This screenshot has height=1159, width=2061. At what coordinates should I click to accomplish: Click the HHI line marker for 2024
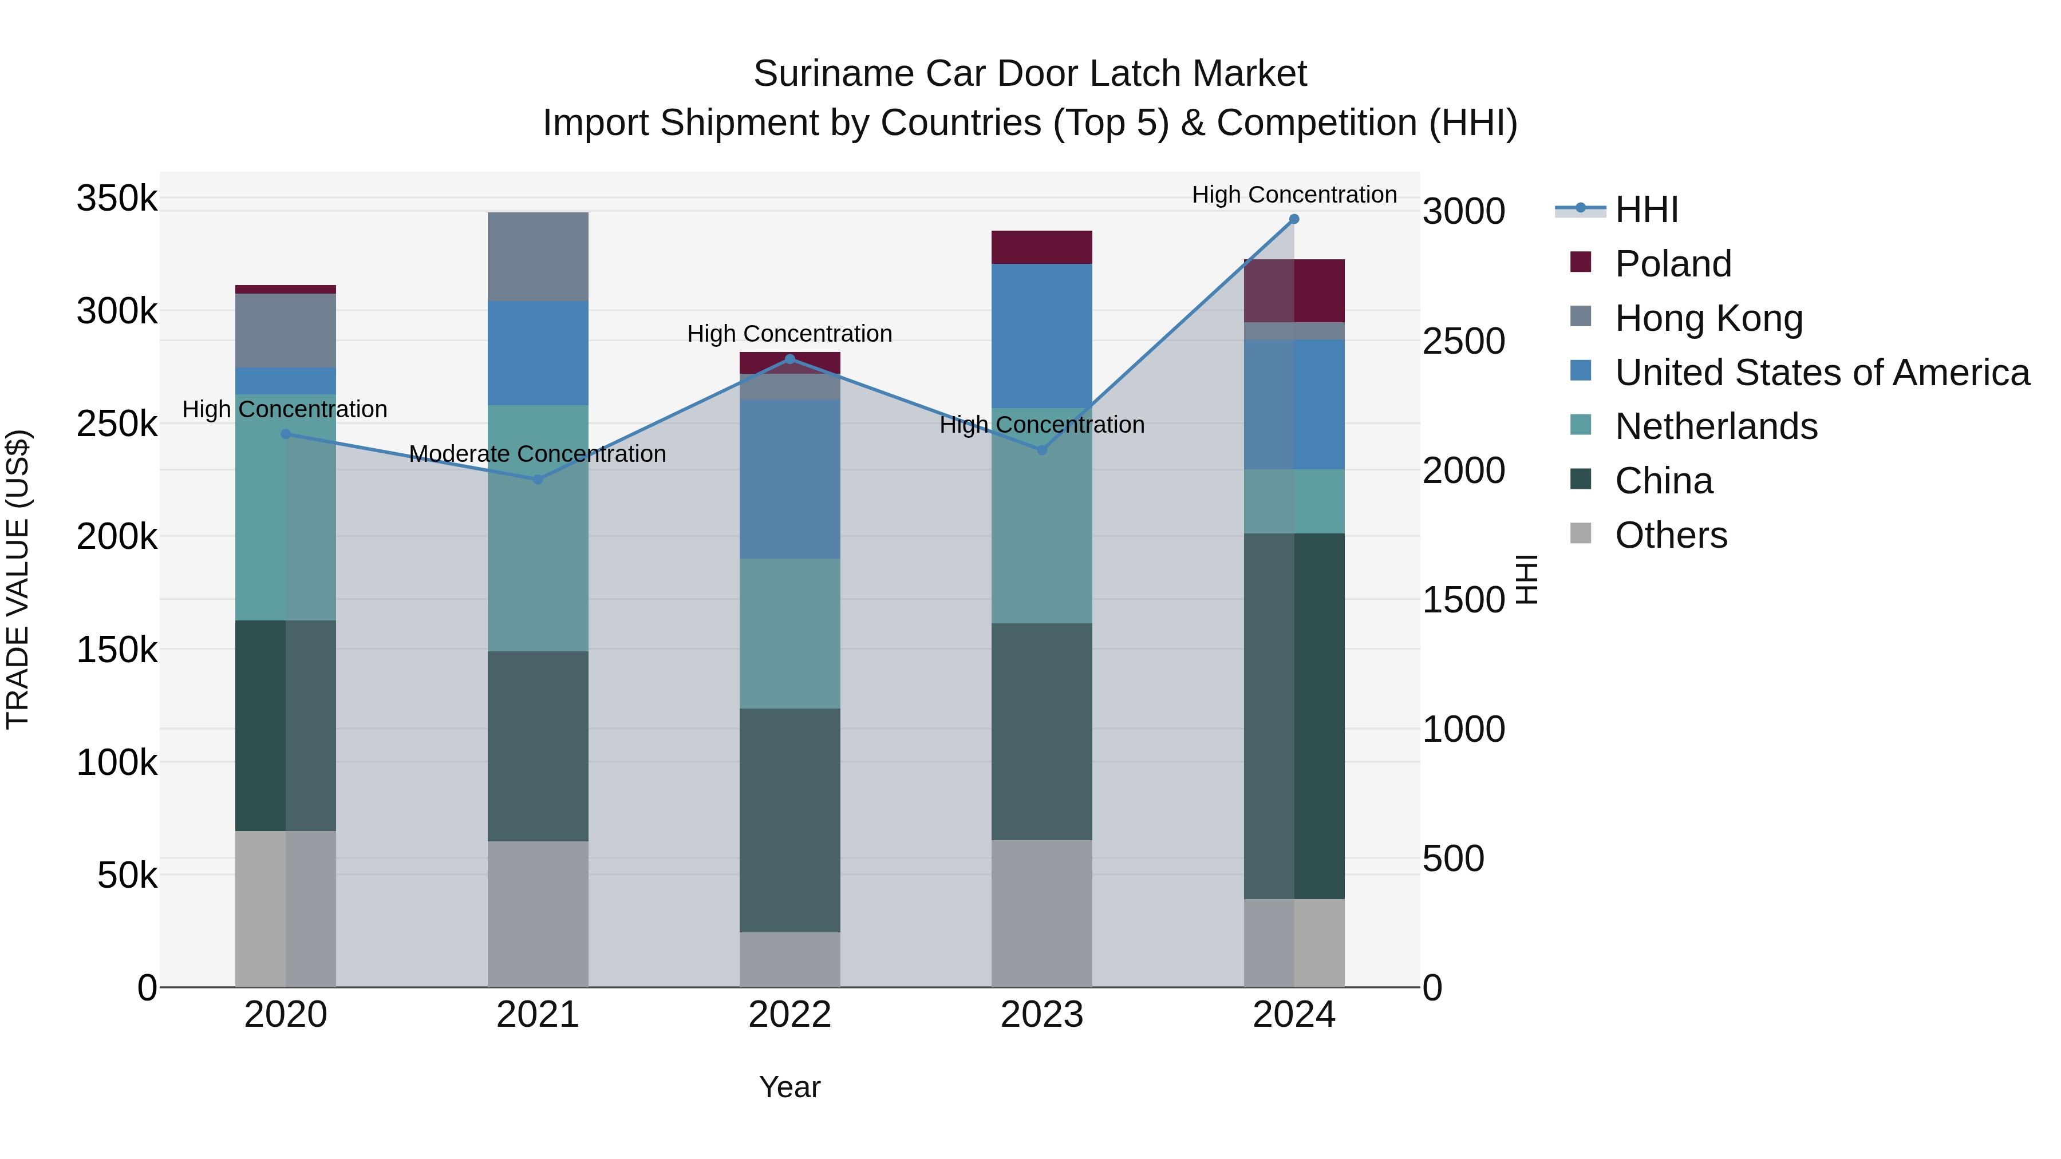pos(1294,219)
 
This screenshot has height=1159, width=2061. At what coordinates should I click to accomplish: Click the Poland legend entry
pos(1672,264)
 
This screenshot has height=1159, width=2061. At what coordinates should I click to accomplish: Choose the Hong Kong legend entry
pos(1708,318)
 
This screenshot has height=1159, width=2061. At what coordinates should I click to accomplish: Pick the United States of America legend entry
pos(1822,373)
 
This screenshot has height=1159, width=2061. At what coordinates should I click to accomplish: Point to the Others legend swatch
pos(1581,533)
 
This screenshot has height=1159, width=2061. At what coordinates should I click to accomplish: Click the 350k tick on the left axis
pos(117,199)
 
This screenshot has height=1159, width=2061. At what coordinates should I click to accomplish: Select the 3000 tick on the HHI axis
pos(1463,212)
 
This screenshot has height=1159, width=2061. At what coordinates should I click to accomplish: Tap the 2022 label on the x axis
pos(789,1015)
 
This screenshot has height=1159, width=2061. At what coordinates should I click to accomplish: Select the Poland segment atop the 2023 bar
pos(1042,247)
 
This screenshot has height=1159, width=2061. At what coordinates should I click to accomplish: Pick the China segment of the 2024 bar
pos(1294,716)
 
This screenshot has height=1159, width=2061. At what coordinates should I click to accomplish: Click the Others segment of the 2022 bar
pos(789,959)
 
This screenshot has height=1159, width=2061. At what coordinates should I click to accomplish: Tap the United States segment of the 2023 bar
pos(1042,336)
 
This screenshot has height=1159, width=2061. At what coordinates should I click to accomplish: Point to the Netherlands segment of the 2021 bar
pos(538,528)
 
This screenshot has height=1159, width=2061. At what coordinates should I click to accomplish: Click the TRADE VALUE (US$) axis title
pos(18,579)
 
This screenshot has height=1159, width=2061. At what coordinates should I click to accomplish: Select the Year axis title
pos(789,1087)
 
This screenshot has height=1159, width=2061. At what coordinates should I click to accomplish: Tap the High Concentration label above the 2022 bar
pos(789,334)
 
